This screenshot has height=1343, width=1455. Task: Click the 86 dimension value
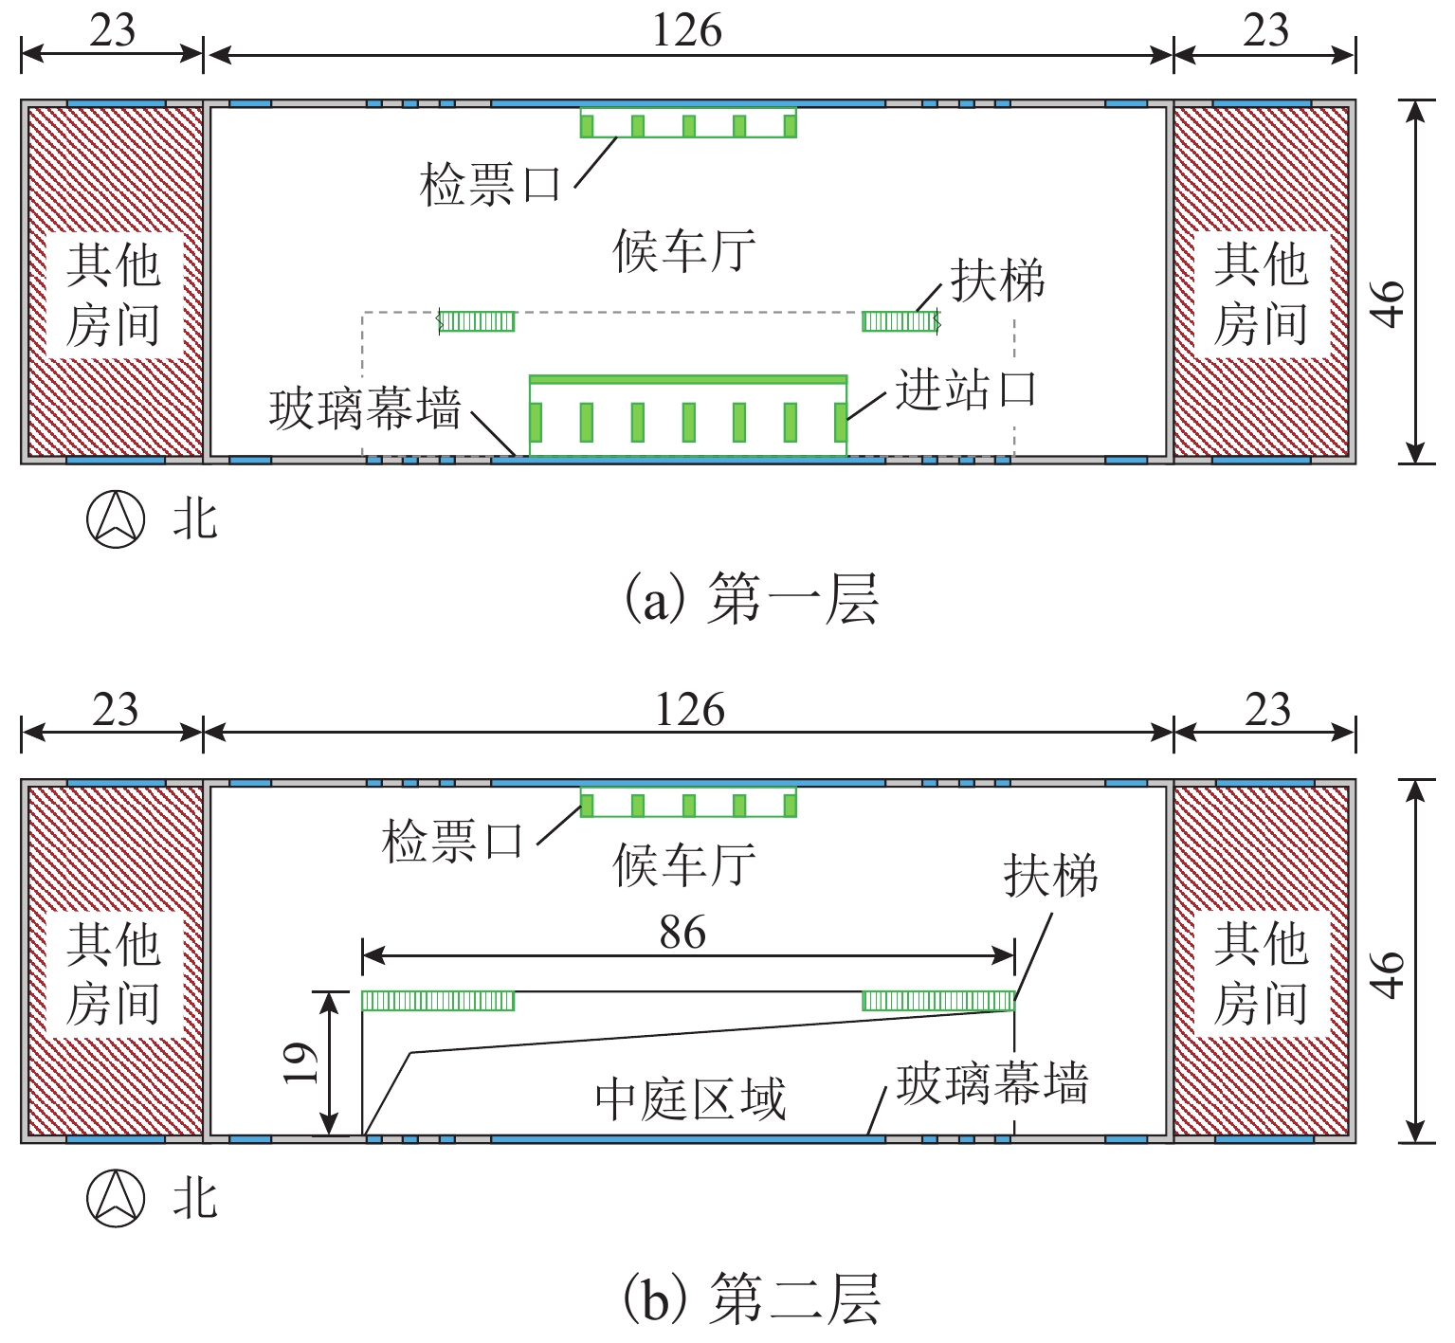coord(682,933)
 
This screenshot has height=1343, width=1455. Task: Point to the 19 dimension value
coord(300,1062)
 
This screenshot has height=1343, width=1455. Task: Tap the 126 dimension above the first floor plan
coord(686,30)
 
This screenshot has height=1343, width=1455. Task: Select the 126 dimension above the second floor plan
coord(689,710)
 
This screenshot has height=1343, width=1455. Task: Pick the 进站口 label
coord(966,390)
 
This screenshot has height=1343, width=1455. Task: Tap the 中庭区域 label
coord(690,1099)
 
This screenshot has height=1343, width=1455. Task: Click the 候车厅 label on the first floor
coord(684,251)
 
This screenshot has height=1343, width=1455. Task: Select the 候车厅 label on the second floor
coord(684,864)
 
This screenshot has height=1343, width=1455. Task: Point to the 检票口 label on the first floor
coord(490,184)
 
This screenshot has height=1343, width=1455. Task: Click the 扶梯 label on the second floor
coord(1050,875)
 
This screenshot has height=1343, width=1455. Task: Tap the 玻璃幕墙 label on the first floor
coord(365,409)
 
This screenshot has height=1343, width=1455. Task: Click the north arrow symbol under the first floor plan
coord(116,519)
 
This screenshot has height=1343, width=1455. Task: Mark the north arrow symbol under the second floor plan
coord(116,1198)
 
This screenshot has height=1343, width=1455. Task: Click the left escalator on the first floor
coord(477,321)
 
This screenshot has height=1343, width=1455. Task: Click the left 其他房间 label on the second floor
coord(113,973)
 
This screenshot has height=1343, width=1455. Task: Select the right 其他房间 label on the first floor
coord(1261,294)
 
